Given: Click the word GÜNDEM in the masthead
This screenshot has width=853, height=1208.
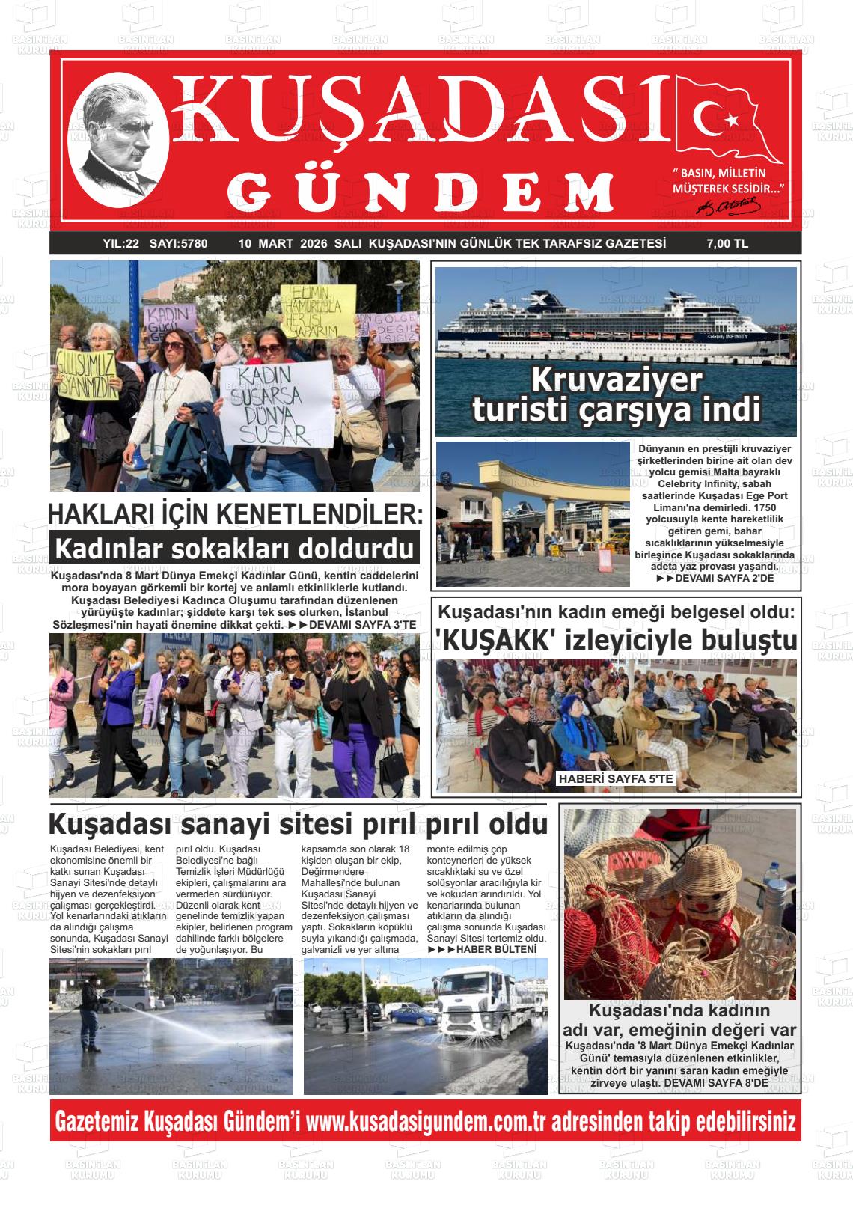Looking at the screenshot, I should (x=426, y=192).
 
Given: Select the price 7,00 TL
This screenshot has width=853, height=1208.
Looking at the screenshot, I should (x=727, y=243).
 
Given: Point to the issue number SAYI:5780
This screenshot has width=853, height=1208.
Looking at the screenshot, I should (x=178, y=243).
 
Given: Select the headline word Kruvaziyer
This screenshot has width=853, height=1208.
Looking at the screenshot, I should (x=617, y=381).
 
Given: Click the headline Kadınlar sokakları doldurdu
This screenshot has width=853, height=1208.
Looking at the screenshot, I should (x=234, y=549).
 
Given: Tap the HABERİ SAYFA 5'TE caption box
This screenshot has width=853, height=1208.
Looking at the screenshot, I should (x=616, y=779).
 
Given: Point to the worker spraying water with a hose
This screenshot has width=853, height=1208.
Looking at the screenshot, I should (x=91, y=1002).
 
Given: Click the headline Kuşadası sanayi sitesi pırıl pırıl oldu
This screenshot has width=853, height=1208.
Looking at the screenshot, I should (x=298, y=824).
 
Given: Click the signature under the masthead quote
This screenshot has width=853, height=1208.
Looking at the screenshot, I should (x=727, y=205).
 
